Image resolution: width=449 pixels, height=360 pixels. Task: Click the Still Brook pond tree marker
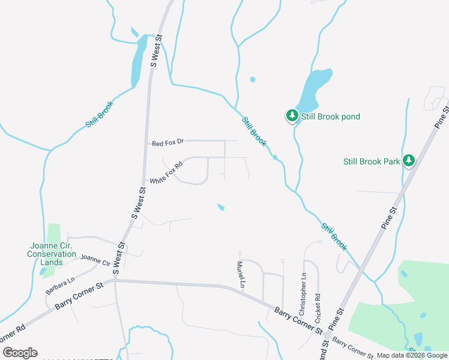pos(292,116)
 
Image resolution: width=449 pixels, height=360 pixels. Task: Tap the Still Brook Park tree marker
pos(409,161)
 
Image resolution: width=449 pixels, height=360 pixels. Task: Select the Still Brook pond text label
pos(331,116)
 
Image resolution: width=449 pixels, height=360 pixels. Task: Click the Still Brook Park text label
pos(371,161)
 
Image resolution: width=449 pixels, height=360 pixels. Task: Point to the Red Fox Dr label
pos(167,143)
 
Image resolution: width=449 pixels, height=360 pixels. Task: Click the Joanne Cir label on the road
pos(96,260)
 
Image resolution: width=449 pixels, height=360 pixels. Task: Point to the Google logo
pos(20,353)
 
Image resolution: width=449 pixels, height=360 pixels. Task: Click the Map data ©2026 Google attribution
pos(412,355)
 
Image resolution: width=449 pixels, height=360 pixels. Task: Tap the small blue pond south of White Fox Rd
pos(221,208)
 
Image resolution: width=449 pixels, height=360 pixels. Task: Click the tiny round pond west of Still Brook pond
pos(253,79)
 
